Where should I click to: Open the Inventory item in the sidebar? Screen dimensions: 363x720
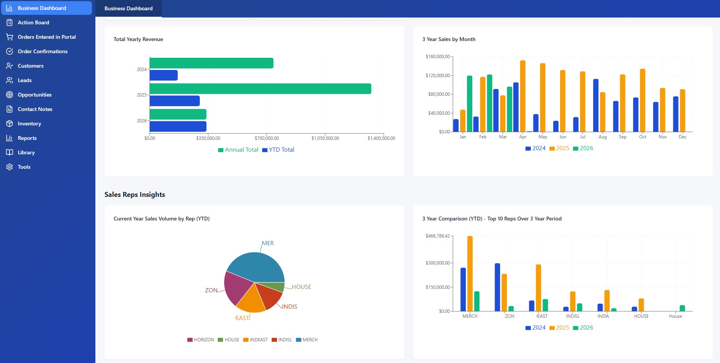[29, 124]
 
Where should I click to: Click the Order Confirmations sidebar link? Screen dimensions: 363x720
[42, 51]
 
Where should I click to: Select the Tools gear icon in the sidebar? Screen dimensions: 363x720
[9, 167]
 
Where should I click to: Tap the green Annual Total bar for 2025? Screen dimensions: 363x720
[260, 89]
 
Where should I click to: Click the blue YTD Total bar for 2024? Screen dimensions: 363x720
[163, 75]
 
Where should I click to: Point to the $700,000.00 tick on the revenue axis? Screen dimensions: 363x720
[267, 138]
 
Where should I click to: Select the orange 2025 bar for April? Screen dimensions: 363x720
[523, 96]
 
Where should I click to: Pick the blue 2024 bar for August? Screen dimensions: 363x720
[596, 105]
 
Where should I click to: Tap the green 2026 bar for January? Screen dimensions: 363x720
[470, 103]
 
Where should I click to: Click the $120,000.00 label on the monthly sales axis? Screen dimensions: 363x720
[438, 76]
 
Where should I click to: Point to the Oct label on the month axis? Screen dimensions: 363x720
[642, 137]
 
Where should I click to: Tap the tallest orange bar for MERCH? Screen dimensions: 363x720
[470, 274]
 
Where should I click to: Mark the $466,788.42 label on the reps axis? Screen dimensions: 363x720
[438, 236]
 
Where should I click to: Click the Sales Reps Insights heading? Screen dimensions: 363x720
[135, 195]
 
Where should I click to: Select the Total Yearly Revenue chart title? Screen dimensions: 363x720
[138, 39]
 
